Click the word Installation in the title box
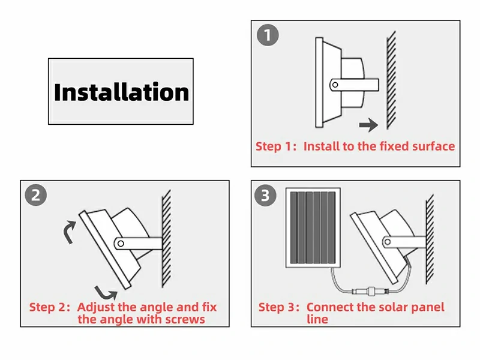[122, 92]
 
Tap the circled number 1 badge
[268, 35]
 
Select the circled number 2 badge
[36, 194]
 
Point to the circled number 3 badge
[265, 195]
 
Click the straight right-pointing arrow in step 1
[368, 125]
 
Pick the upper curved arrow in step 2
[70, 232]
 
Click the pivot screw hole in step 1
[335, 85]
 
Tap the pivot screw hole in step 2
[121, 244]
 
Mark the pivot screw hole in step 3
[388, 242]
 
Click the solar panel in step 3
[313, 228]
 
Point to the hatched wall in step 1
[391, 80]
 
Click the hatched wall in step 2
[166, 239]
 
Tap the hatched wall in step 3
[430, 239]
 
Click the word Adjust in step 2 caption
[96, 307]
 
